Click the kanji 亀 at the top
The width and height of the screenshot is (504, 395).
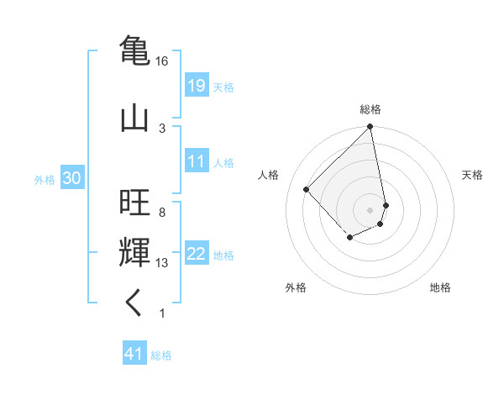134,49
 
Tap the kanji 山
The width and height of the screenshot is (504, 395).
134,117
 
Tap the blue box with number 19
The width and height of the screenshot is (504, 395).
197,85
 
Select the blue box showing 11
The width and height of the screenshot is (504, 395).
197,161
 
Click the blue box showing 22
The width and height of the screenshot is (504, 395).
197,254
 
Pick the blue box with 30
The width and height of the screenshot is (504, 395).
71,178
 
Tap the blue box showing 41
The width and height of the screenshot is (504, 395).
134,354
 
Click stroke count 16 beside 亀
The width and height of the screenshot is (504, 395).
161,61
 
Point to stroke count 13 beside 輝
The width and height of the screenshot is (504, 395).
163,263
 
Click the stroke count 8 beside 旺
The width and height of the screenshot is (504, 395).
161,213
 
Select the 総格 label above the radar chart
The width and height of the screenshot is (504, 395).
370,109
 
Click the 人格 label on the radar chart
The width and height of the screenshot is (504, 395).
269,175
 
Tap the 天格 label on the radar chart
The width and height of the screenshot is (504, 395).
473,175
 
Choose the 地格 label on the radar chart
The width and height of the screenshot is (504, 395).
440,287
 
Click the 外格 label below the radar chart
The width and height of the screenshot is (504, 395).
296,287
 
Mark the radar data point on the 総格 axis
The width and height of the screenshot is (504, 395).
370,128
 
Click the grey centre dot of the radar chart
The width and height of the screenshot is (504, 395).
370,209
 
